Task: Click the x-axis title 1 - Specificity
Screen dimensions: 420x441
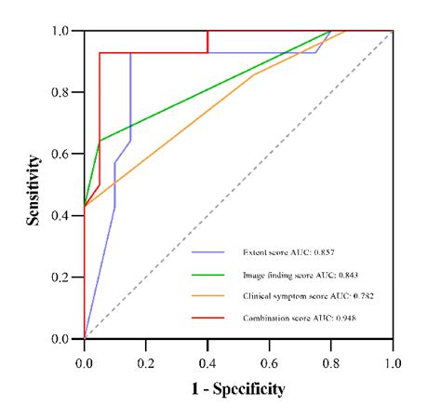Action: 238,388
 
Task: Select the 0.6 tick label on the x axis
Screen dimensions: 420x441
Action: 269,357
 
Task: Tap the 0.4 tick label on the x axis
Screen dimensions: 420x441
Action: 207,357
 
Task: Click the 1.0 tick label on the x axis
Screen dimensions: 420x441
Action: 393,357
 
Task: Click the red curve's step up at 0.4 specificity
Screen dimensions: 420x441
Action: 207,42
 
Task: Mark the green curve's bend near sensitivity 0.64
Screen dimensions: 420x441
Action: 100,141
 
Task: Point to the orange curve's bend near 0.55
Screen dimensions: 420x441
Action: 254,75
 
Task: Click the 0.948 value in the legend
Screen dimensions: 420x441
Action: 343,318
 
